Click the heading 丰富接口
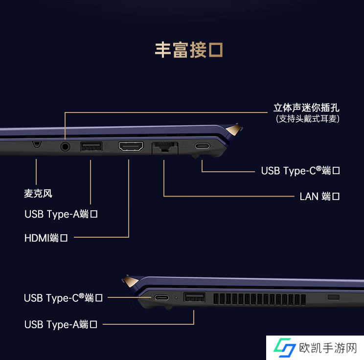click(189, 50)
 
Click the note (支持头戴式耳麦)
click(307, 119)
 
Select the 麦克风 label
click(38, 194)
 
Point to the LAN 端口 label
click(319, 196)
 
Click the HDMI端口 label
click(46, 238)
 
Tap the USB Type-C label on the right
click(300, 171)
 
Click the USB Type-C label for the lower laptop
click(63, 297)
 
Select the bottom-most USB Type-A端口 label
click(61, 324)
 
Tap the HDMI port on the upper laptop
click(131, 146)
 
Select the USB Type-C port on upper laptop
click(202, 146)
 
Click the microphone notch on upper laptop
click(36, 144)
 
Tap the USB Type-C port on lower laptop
click(161, 297)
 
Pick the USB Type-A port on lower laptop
click(194, 297)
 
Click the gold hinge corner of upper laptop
click(236, 130)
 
